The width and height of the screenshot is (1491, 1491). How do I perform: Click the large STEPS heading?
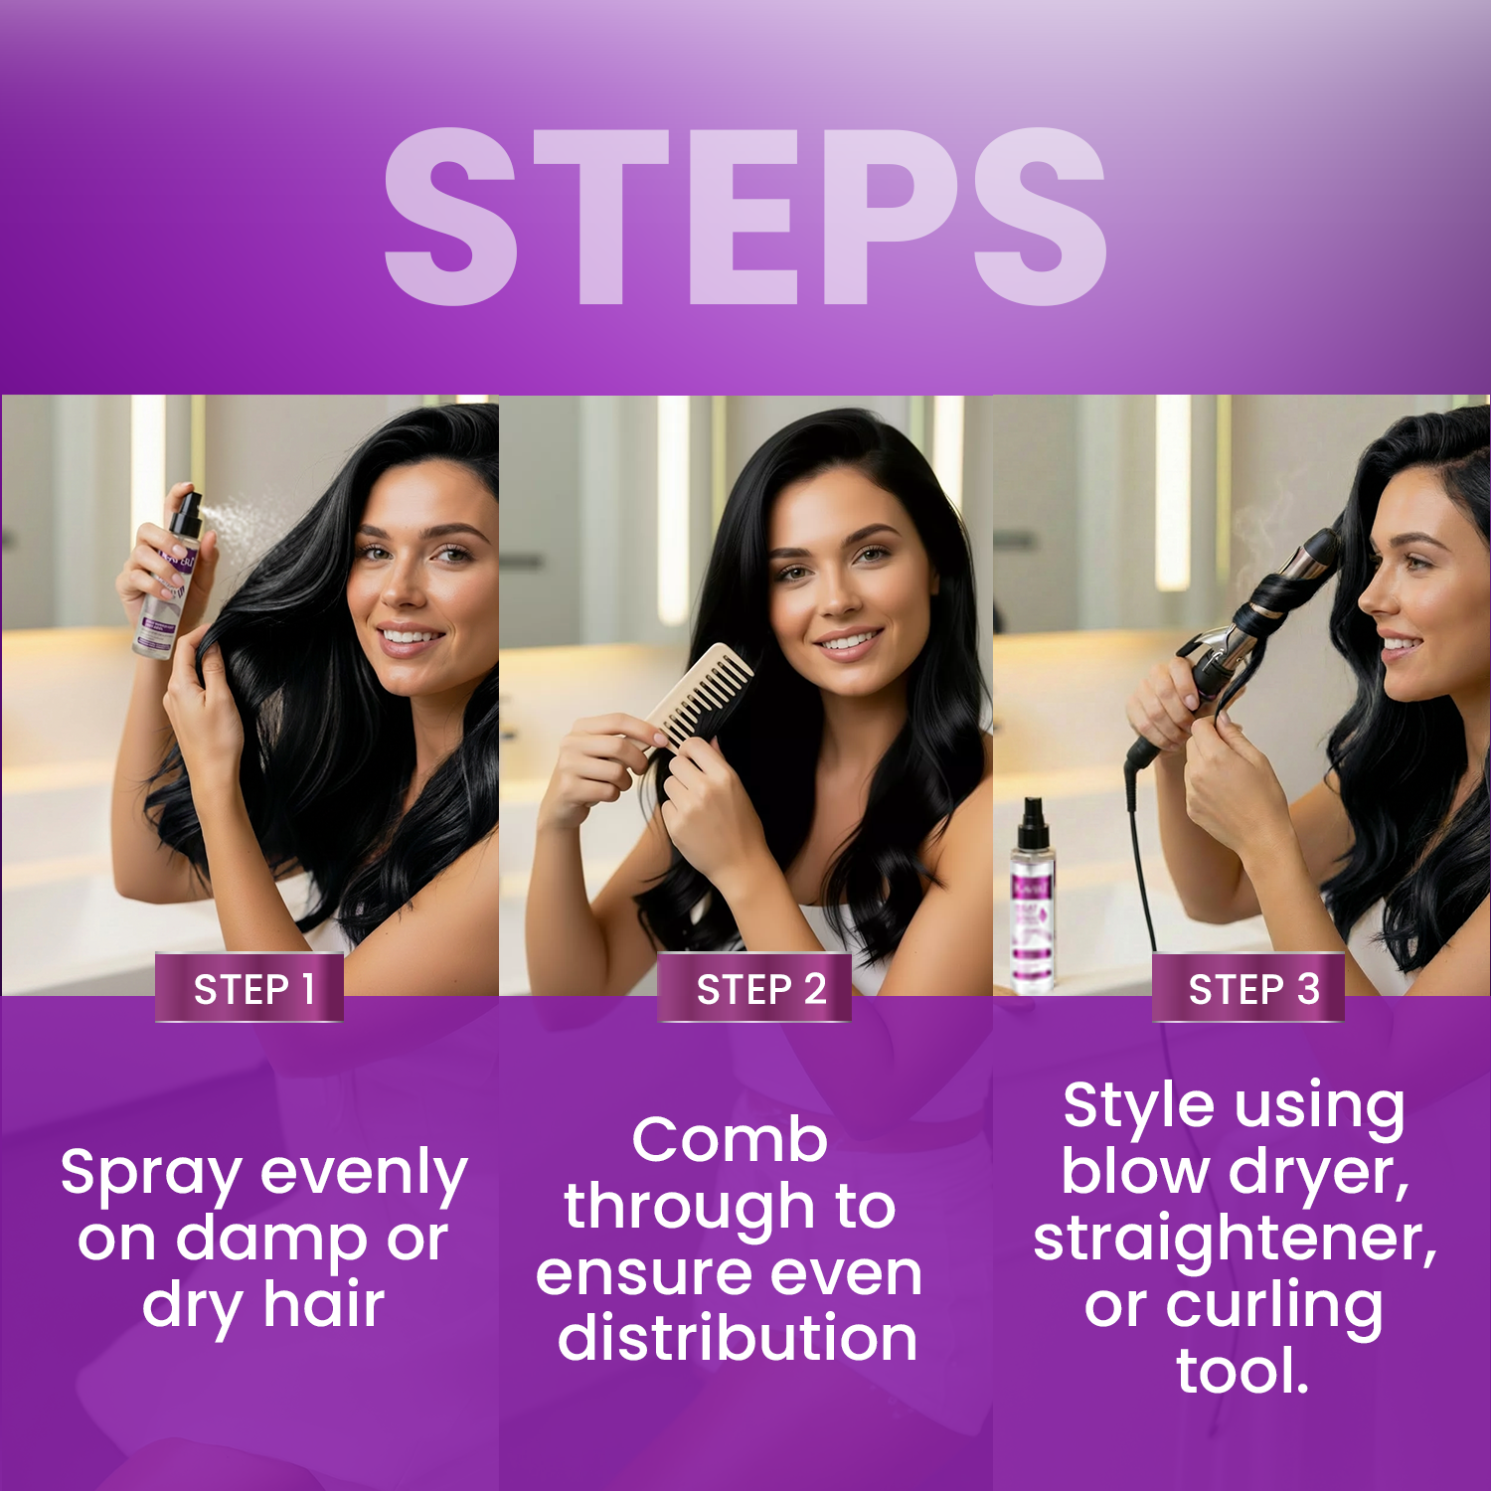pos(745,217)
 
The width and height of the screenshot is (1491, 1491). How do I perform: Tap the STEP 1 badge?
pos(250,989)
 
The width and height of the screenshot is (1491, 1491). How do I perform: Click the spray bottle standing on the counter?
pos(1032,900)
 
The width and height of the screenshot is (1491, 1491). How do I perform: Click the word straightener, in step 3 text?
pos(1235,1239)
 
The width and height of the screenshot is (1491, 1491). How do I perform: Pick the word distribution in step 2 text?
pos(737,1338)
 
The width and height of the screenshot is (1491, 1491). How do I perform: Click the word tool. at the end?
pos(1242,1372)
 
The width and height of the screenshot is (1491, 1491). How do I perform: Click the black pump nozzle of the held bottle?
pos(186,512)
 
